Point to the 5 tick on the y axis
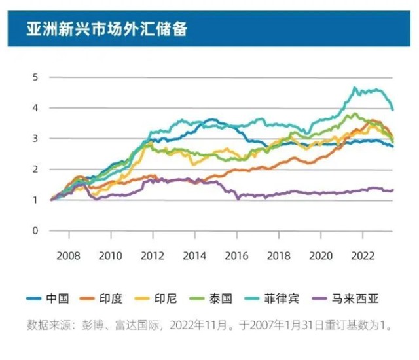[34, 77]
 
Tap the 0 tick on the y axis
[34, 230]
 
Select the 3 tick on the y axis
[34, 139]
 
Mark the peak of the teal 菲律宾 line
[355, 87]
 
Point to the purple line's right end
[393, 190]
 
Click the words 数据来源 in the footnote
[47, 325]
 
